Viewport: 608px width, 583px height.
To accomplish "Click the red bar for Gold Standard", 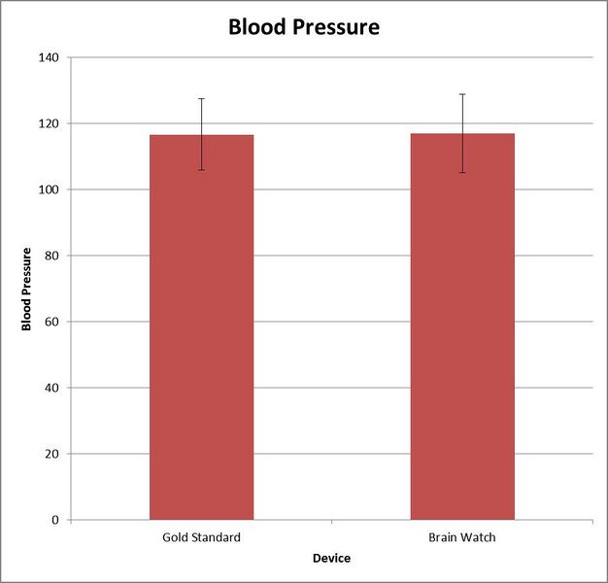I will coord(201,330).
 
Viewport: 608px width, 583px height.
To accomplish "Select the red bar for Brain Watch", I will coord(462,330).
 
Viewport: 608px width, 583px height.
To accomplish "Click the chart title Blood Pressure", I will coord(303,26).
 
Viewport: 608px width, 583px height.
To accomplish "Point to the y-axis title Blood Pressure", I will coord(27,289).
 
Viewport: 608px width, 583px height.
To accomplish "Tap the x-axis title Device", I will coord(331,559).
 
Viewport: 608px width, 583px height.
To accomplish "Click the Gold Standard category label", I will coord(201,537).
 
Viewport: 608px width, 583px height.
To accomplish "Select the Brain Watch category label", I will coord(462,537).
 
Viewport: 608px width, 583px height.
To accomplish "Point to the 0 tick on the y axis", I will coord(54,520).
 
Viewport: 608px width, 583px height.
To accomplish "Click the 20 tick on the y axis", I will coord(51,454).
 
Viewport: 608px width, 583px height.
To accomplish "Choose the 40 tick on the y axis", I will coord(51,388).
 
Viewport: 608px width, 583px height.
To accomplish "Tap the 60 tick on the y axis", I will coord(51,322).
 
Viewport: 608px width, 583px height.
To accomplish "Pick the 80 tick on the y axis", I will coord(51,256).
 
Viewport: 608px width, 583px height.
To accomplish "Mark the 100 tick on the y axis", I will coord(48,189).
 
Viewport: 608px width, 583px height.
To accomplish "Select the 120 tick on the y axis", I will coord(48,123).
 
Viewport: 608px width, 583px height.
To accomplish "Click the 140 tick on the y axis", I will coord(48,57).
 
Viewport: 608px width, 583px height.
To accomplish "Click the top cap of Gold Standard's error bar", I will coord(201,98).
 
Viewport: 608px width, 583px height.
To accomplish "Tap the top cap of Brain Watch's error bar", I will coord(462,94).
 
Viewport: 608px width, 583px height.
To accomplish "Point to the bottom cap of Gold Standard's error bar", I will coord(201,170).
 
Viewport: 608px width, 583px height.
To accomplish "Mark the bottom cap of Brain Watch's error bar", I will coord(462,173).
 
